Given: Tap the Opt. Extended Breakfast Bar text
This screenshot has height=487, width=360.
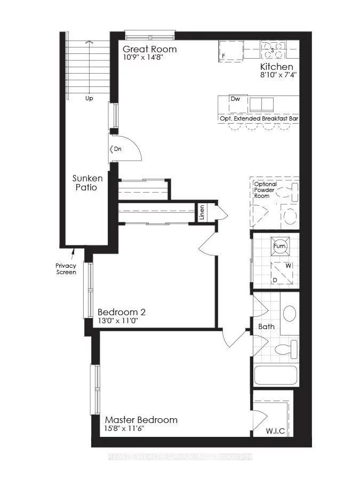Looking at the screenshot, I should [258, 118].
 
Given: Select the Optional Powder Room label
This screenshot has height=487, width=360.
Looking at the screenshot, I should [265, 190].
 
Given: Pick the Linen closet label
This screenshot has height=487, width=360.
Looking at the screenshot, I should [202, 212].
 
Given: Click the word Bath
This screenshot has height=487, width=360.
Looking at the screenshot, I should [266, 326].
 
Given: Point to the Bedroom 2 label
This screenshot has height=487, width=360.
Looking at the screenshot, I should [122, 312].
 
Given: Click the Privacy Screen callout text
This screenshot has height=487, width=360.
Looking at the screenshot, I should [66, 269].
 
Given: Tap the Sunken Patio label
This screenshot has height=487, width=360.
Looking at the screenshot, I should [85, 182].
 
